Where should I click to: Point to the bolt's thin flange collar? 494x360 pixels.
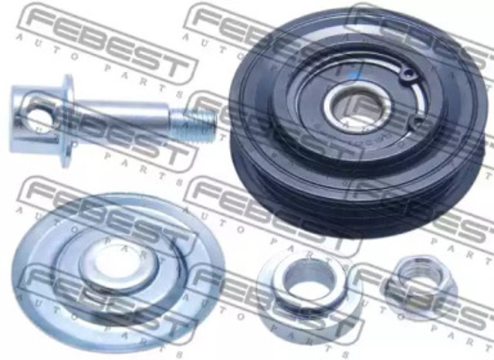[x=67, y=121]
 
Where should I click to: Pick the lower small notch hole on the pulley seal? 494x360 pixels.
[x=418, y=122]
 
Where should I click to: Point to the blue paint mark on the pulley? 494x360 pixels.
[x=357, y=76]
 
